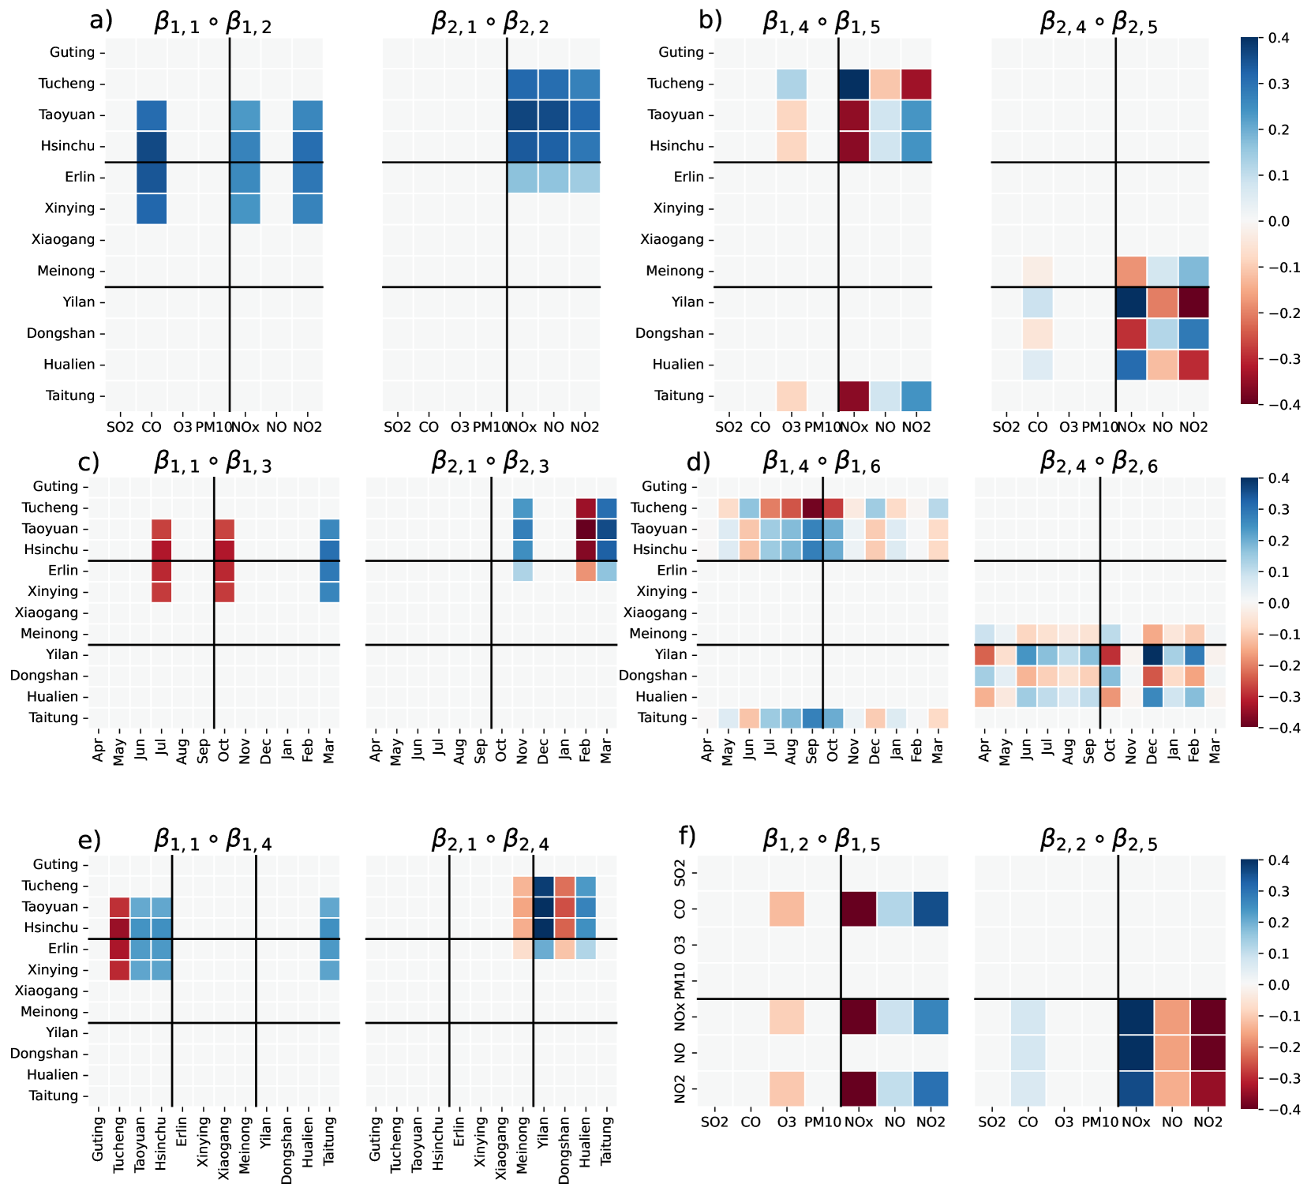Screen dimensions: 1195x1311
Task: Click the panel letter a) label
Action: click(101, 21)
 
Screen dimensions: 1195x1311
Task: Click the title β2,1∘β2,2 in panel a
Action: click(490, 24)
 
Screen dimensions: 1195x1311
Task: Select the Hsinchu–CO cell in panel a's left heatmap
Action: click(152, 146)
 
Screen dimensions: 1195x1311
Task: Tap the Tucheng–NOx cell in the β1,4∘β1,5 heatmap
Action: click(854, 84)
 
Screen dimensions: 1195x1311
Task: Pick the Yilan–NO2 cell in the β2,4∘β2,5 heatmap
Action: click(1193, 302)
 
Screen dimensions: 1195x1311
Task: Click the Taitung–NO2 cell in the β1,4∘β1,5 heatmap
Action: click(916, 396)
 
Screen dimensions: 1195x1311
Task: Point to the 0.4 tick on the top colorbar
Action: click(1279, 38)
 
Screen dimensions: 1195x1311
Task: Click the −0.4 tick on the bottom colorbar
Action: click(1279, 1109)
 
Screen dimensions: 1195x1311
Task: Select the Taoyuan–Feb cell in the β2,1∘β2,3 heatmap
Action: click(586, 529)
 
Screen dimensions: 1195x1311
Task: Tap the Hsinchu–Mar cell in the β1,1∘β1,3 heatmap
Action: click(329, 549)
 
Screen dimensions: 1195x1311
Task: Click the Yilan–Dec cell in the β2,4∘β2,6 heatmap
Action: click(1152, 654)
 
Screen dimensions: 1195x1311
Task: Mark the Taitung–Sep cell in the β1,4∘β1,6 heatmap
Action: click(812, 717)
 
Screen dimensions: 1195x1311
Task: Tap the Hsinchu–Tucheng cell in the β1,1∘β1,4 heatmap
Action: click(119, 927)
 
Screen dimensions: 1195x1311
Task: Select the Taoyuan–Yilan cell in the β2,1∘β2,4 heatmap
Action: click(544, 907)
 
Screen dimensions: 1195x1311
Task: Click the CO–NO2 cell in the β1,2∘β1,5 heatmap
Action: click(931, 908)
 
